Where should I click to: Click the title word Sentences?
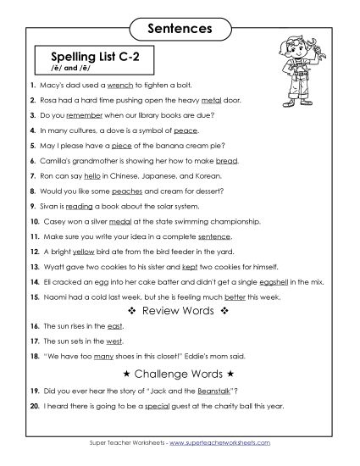(180, 29)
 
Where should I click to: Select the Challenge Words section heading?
(180, 372)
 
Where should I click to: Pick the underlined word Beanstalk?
(213, 391)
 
